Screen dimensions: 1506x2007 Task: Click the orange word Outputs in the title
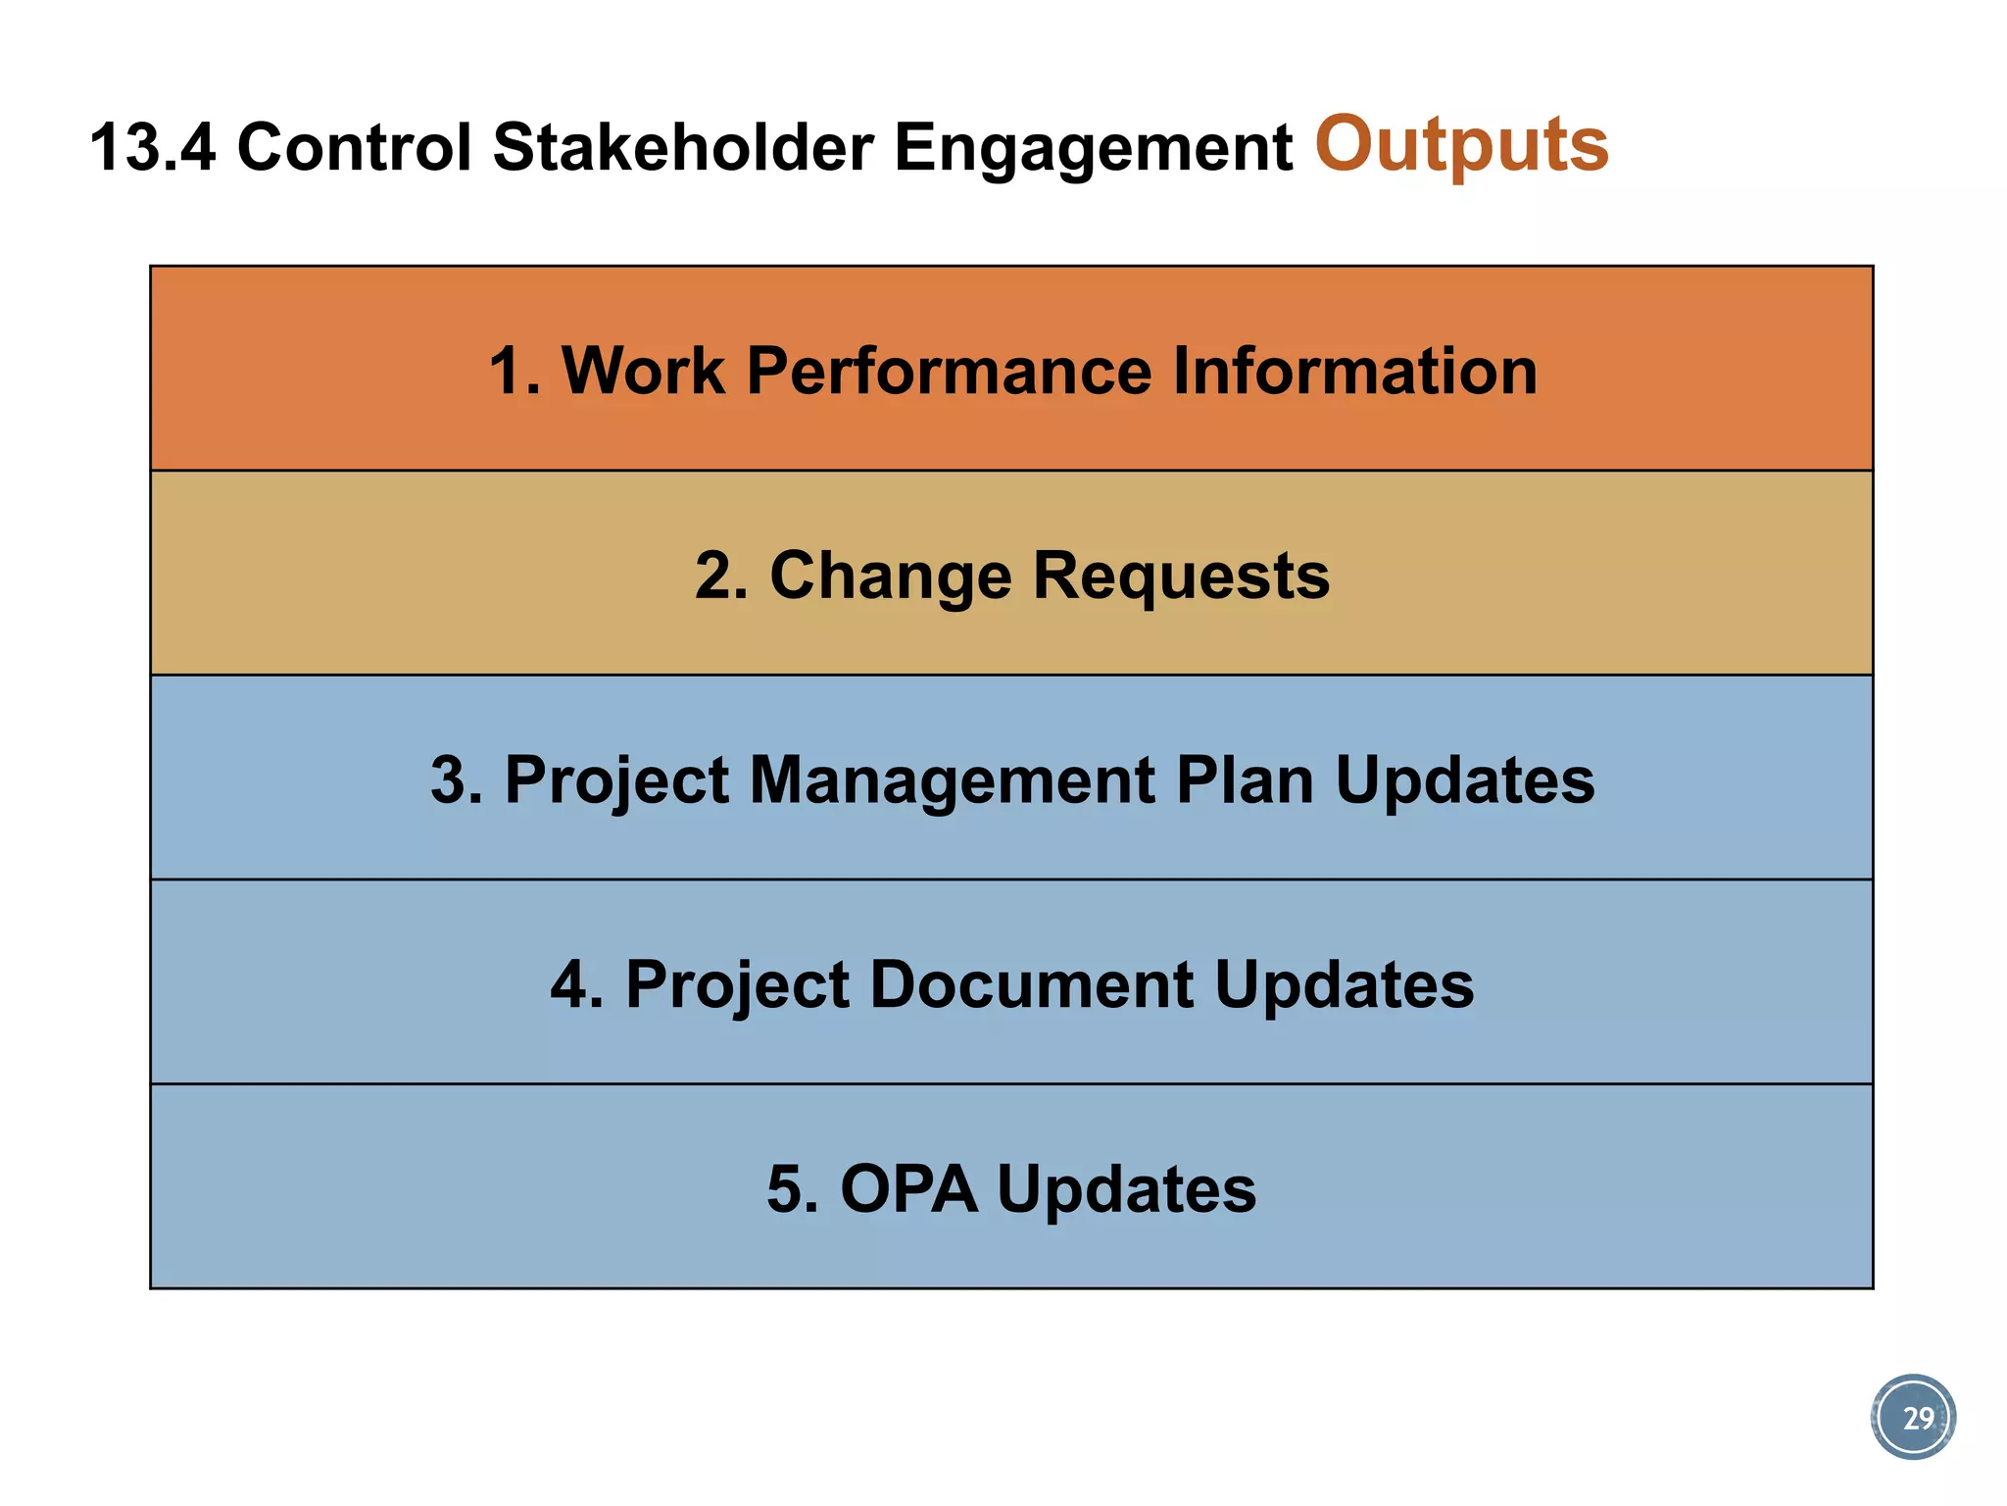coord(1461,145)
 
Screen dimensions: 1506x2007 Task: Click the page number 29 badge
coord(1914,1418)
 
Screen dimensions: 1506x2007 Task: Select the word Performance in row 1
coord(949,372)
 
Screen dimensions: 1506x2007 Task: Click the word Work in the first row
coord(643,372)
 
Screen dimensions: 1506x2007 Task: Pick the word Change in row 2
coord(890,577)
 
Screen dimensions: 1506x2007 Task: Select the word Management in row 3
coord(952,781)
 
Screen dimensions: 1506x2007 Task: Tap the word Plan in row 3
coord(1244,781)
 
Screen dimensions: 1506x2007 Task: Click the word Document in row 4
coord(1031,985)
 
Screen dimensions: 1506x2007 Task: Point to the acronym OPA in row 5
coord(908,1189)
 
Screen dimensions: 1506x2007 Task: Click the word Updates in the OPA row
coord(1126,1189)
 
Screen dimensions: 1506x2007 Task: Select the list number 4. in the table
coord(576,985)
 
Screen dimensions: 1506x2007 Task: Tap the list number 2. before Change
coord(721,577)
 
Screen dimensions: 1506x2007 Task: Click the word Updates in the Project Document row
coord(1344,985)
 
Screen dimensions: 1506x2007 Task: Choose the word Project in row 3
coord(616,781)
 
